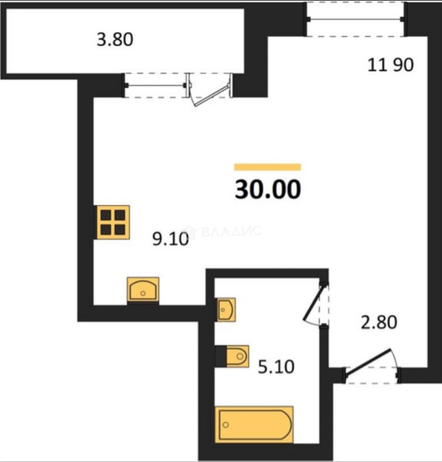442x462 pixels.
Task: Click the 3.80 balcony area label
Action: click(x=115, y=39)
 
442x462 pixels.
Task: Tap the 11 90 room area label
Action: click(x=390, y=65)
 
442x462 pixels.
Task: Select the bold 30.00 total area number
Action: click(x=268, y=189)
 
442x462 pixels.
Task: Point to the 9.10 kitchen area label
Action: click(x=170, y=239)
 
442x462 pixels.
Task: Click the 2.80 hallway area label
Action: click(x=379, y=322)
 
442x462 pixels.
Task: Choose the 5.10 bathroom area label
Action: click(x=276, y=367)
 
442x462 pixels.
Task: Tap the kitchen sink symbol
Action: click(x=143, y=289)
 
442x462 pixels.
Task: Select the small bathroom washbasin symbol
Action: click(x=226, y=310)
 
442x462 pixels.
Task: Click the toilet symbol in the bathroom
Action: click(x=238, y=356)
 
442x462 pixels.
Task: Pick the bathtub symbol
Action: click(x=254, y=424)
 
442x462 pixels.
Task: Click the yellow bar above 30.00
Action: click(x=268, y=167)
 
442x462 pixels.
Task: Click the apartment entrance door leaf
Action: click(x=368, y=362)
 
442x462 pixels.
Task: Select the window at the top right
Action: click(x=355, y=19)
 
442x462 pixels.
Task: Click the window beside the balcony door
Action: click(x=155, y=86)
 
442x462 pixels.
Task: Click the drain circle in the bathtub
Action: click(x=226, y=425)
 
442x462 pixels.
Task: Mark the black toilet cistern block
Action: click(x=221, y=356)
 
